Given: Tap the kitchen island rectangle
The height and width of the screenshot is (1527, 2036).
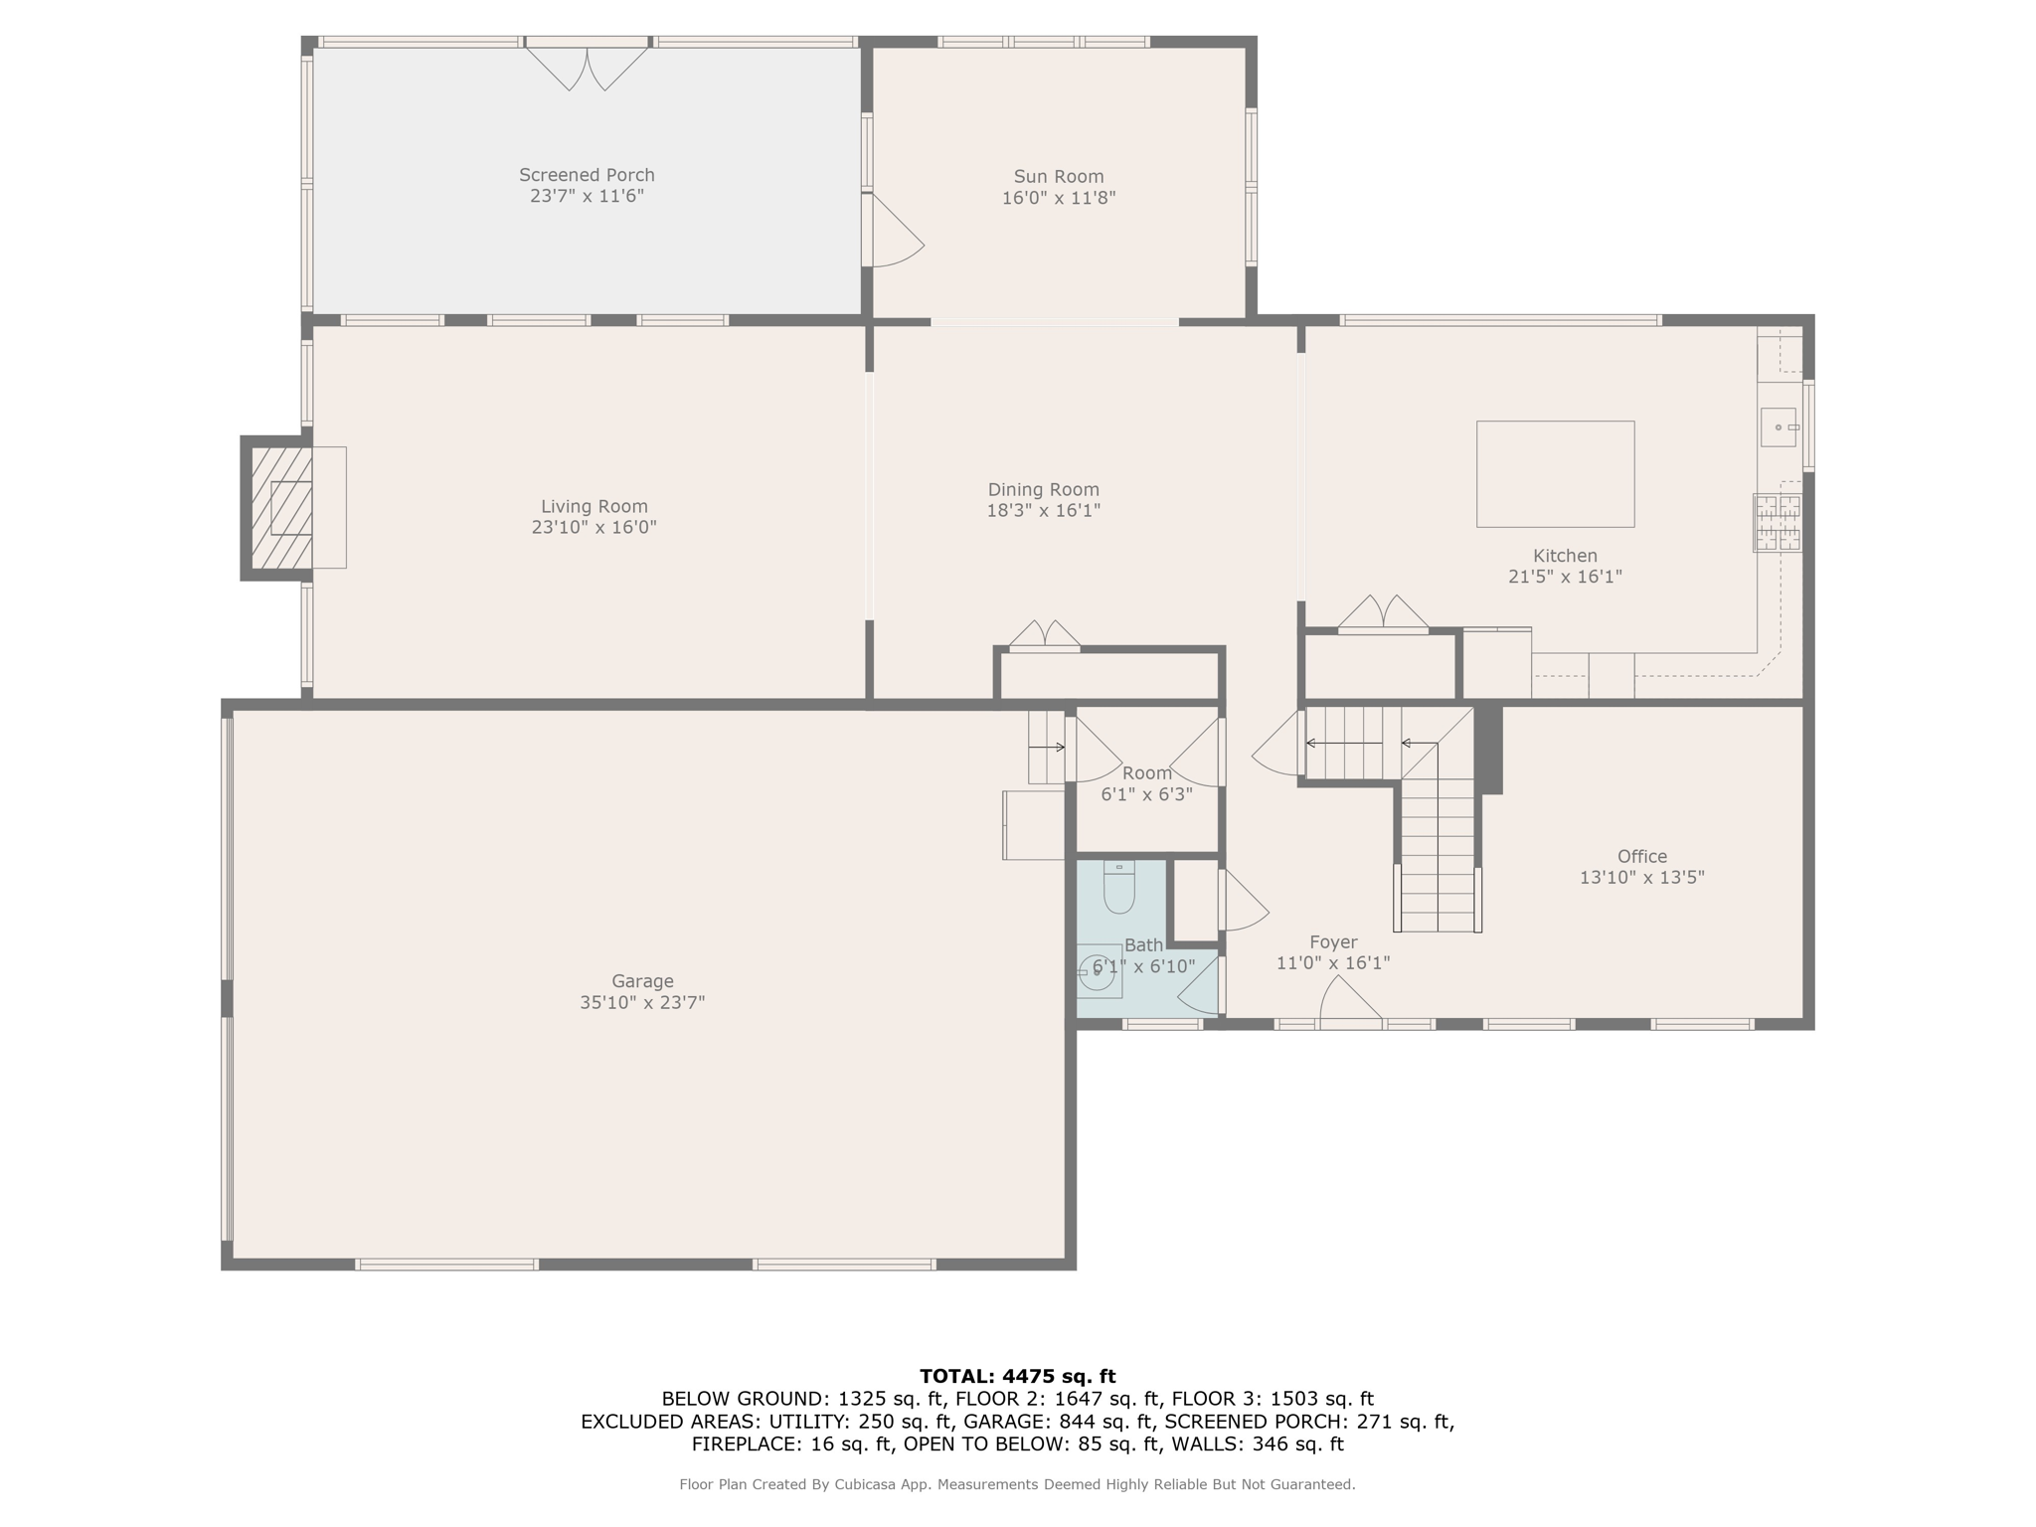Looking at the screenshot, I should click(1555, 474).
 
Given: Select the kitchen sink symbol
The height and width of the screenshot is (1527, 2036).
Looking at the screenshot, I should click(1779, 427).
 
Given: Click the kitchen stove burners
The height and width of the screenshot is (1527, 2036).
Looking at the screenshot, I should click(1778, 523).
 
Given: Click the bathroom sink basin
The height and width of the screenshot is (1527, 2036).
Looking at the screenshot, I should click(1098, 972).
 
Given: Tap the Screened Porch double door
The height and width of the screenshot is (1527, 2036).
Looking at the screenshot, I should click(587, 66).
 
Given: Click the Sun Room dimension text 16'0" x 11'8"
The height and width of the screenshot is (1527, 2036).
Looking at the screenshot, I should click(1059, 198).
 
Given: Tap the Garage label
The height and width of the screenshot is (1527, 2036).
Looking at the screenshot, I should click(642, 981).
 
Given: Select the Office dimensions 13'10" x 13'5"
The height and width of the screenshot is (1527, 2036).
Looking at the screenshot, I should click(1641, 878).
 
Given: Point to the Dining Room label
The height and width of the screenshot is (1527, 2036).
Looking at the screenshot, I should click(1043, 489).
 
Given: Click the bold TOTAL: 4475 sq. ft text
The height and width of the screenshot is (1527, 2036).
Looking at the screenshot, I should click(1017, 1377).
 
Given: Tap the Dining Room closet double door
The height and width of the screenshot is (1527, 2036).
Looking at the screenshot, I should click(1045, 635).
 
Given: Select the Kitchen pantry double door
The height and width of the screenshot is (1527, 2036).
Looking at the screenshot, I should click(1383, 614).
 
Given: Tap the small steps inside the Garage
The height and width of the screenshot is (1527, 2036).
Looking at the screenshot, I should click(1046, 748).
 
